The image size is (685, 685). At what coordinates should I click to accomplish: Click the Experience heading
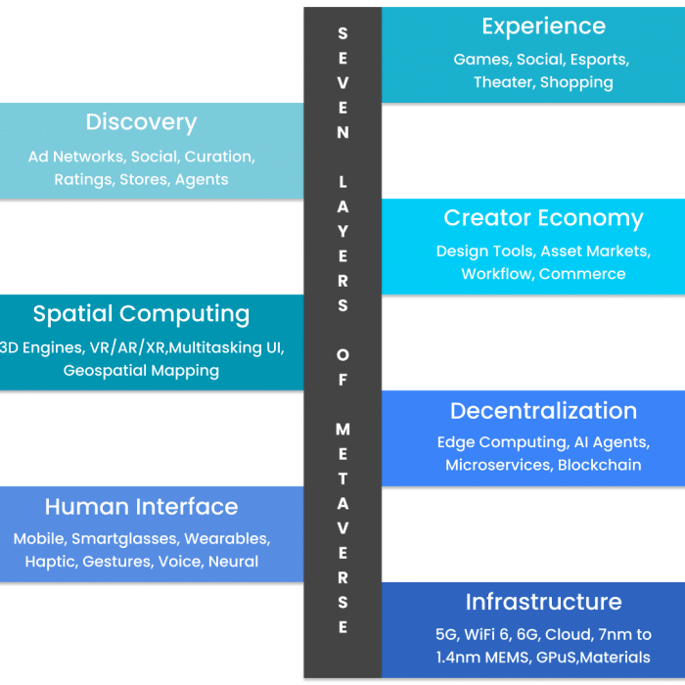pos(543,26)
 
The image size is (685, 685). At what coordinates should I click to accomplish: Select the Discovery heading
pos(141,122)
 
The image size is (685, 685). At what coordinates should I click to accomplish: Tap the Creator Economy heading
pos(543,218)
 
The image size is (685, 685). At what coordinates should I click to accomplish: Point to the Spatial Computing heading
pos(141,314)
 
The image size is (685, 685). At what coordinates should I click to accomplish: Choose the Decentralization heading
pos(543,411)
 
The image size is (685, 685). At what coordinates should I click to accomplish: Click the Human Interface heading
pos(141,507)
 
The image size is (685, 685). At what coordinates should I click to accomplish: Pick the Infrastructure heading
pos(543,602)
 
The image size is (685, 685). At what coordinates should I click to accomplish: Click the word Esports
pos(598,59)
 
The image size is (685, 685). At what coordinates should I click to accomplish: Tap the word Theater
pos(502,82)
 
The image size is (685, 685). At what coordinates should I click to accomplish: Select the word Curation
pos(219,156)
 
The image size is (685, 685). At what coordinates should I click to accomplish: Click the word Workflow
pos(496,274)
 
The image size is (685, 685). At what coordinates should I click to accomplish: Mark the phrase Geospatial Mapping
pos(141,371)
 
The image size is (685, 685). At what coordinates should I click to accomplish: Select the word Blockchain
pos(599,465)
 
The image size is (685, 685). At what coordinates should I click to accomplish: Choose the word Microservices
pos(498,465)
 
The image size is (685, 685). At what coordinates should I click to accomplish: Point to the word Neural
pos(233,562)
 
